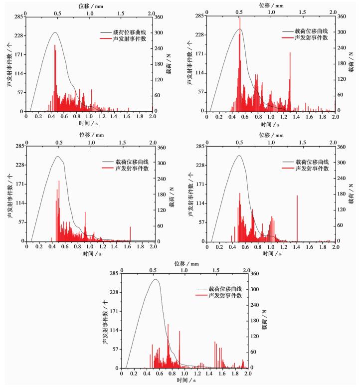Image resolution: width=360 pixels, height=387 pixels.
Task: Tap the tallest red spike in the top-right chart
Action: point(240,18)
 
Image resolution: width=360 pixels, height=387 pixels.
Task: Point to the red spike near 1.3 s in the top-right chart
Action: point(290,53)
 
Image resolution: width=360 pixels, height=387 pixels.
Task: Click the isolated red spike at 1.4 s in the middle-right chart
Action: point(297,195)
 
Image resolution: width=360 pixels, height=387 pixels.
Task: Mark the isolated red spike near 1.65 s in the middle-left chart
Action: point(131,227)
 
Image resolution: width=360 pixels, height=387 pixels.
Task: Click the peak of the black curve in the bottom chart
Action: point(156,279)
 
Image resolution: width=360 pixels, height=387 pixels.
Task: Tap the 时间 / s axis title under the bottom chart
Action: point(184,380)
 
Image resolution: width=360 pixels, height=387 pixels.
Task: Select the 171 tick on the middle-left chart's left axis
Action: point(18,184)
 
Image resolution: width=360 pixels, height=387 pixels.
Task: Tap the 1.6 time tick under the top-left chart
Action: point(127,116)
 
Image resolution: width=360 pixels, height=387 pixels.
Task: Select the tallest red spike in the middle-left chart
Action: point(59,181)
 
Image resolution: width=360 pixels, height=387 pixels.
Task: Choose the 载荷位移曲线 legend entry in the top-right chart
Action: point(311,31)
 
